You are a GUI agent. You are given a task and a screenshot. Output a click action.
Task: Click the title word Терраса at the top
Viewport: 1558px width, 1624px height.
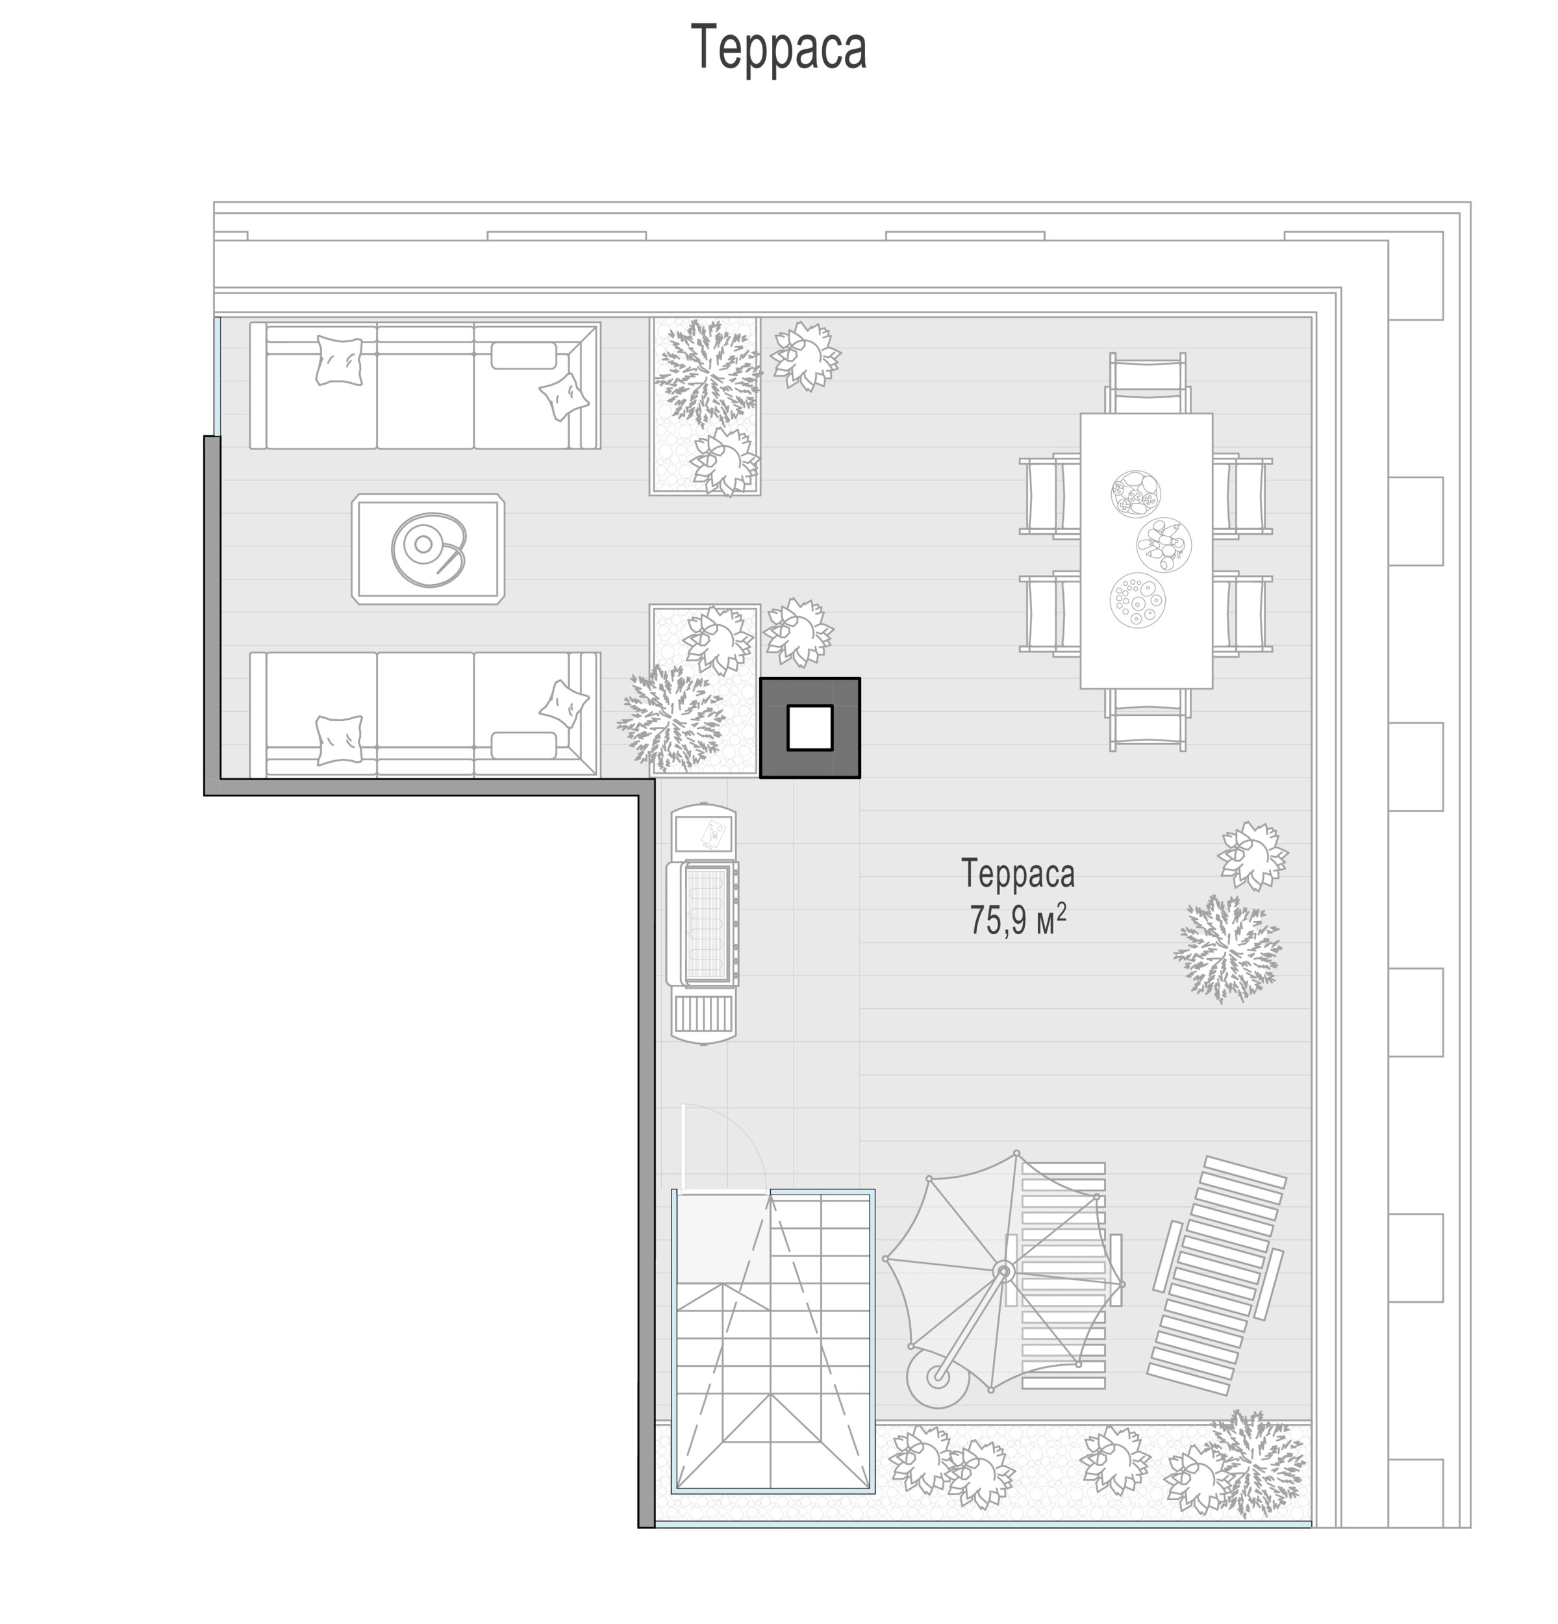(x=779, y=47)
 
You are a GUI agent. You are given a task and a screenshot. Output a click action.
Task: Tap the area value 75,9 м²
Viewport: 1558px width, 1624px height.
(x=1017, y=920)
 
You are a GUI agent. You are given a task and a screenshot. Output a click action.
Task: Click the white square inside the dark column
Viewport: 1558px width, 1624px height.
(x=809, y=728)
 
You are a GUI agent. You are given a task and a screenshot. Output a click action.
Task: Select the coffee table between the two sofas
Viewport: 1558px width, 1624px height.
(x=427, y=548)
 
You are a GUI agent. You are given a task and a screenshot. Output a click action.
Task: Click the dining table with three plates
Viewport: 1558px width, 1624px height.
(x=1146, y=550)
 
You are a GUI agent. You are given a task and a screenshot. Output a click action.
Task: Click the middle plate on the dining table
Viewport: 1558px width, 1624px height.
(x=1164, y=544)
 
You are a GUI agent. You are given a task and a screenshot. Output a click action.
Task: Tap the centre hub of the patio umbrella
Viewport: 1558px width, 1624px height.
(x=1004, y=1270)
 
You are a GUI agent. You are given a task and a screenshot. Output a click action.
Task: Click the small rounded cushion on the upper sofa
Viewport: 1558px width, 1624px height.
(x=523, y=355)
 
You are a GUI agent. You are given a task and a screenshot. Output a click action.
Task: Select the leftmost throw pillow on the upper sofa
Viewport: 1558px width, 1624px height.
(x=340, y=361)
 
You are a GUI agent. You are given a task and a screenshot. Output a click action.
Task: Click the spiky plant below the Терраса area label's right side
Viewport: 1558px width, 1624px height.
(x=1228, y=948)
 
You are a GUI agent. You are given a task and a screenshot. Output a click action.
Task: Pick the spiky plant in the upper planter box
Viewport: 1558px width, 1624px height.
(x=707, y=374)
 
